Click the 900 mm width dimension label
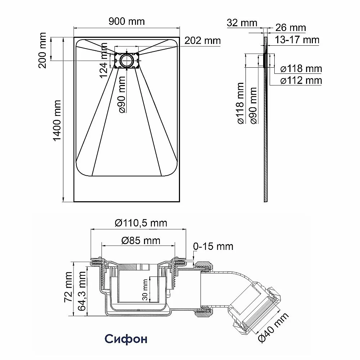[x=126, y=22]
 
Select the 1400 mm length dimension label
[x=57, y=121]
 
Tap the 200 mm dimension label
[x=42, y=50]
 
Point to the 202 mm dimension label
[x=202, y=41]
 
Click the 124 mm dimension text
[x=104, y=60]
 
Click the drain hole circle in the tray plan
[x=126, y=60]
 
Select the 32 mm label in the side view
[x=242, y=23]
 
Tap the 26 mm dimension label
[x=291, y=28]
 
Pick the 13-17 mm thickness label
[x=297, y=40]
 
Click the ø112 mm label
[x=301, y=80]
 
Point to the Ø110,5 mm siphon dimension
[x=141, y=223]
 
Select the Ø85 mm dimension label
[x=141, y=240]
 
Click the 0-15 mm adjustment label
[x=213, y=246]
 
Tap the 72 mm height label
[x=69, y=287]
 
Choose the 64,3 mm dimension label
[x=82, y=291]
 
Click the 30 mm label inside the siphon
[x=145, y=290]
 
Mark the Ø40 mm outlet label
[x=273, y=327]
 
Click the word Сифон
[x=126, y=339]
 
